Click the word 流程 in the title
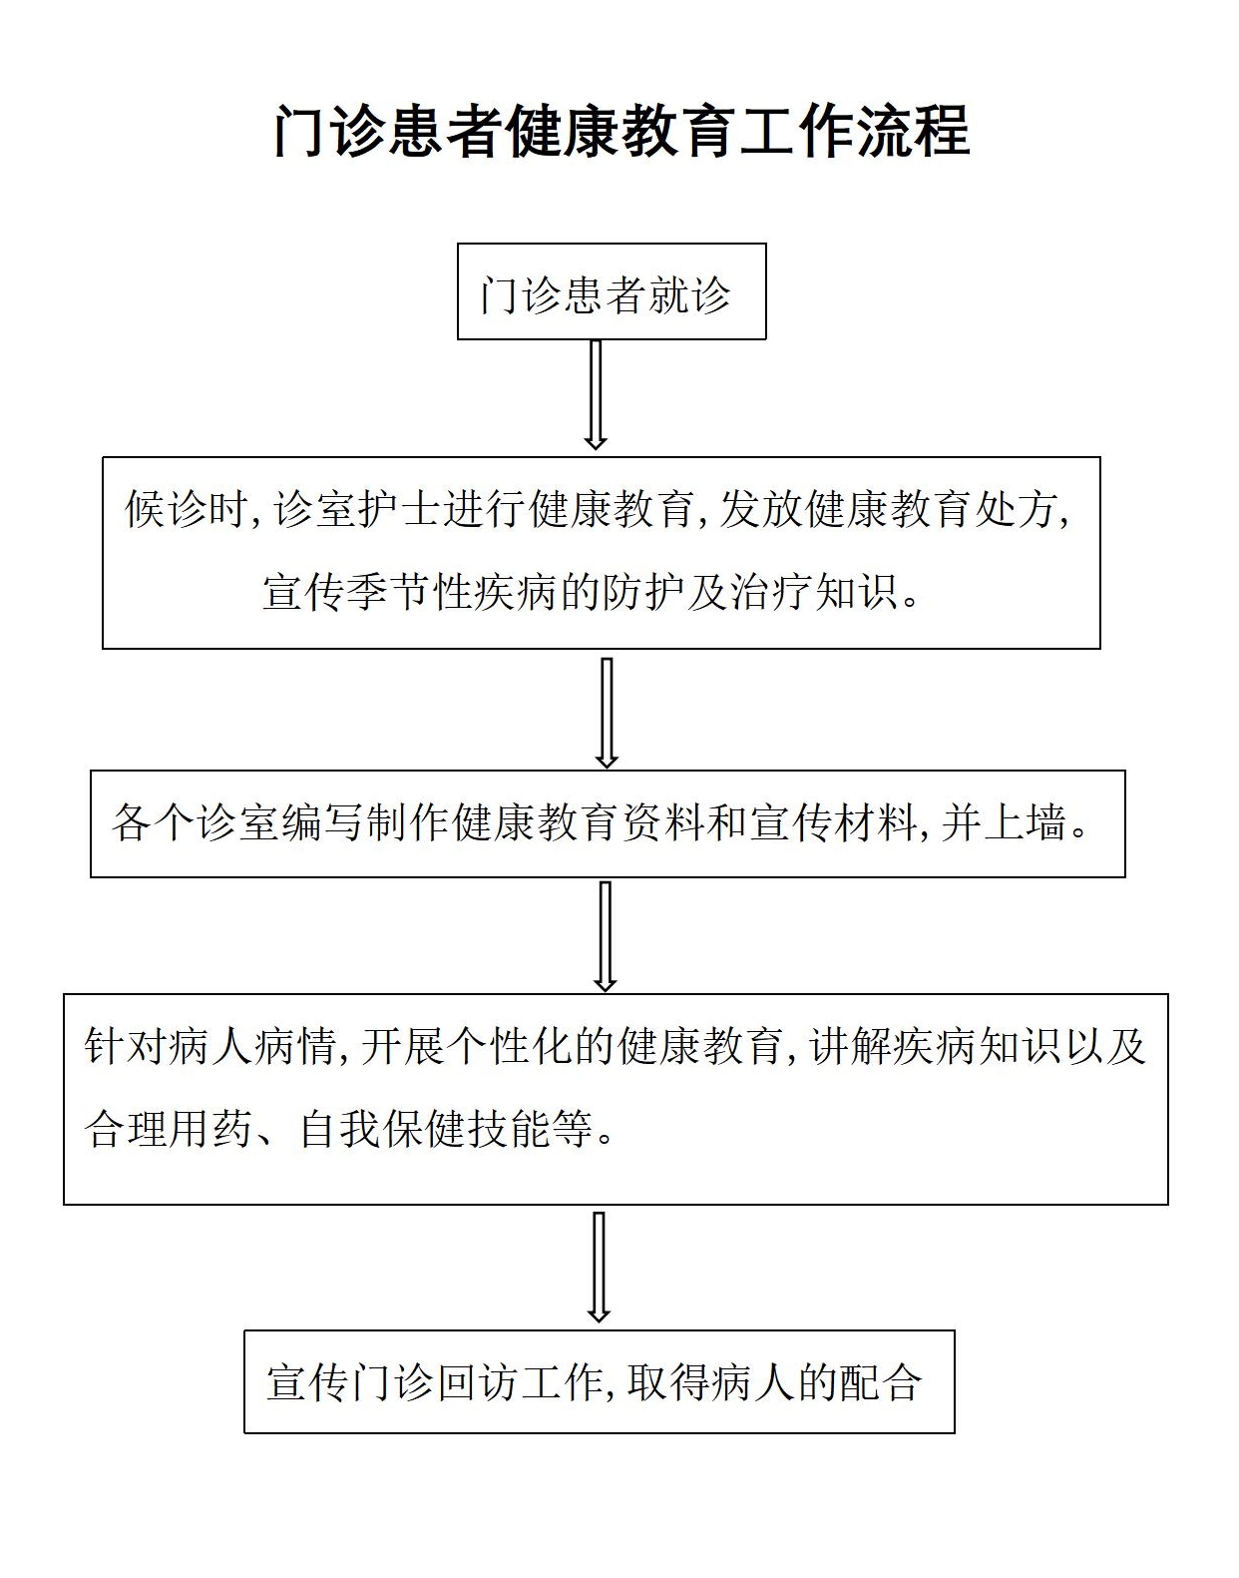click(913, 132)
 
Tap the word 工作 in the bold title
click(797, 132)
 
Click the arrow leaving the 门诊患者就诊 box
click(596, 394)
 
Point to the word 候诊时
click(187, 508)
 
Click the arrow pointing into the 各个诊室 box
click(607, 713)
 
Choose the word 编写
click(322, 822)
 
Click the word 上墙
click(1025, 822)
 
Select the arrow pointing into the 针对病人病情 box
click(606, 936)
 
